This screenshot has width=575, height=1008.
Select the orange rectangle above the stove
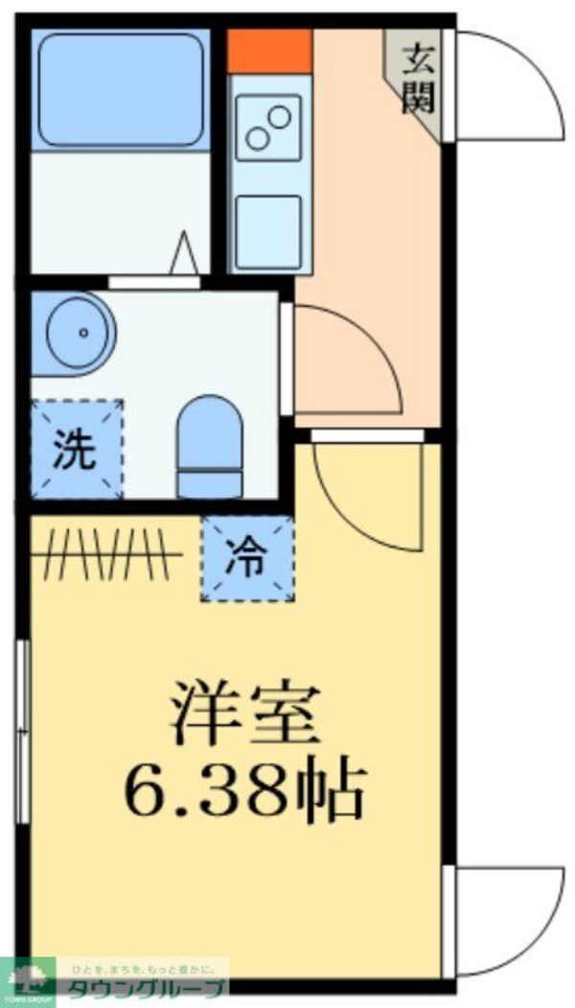269,51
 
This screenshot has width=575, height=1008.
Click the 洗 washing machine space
76,449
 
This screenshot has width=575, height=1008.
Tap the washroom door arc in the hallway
345,360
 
